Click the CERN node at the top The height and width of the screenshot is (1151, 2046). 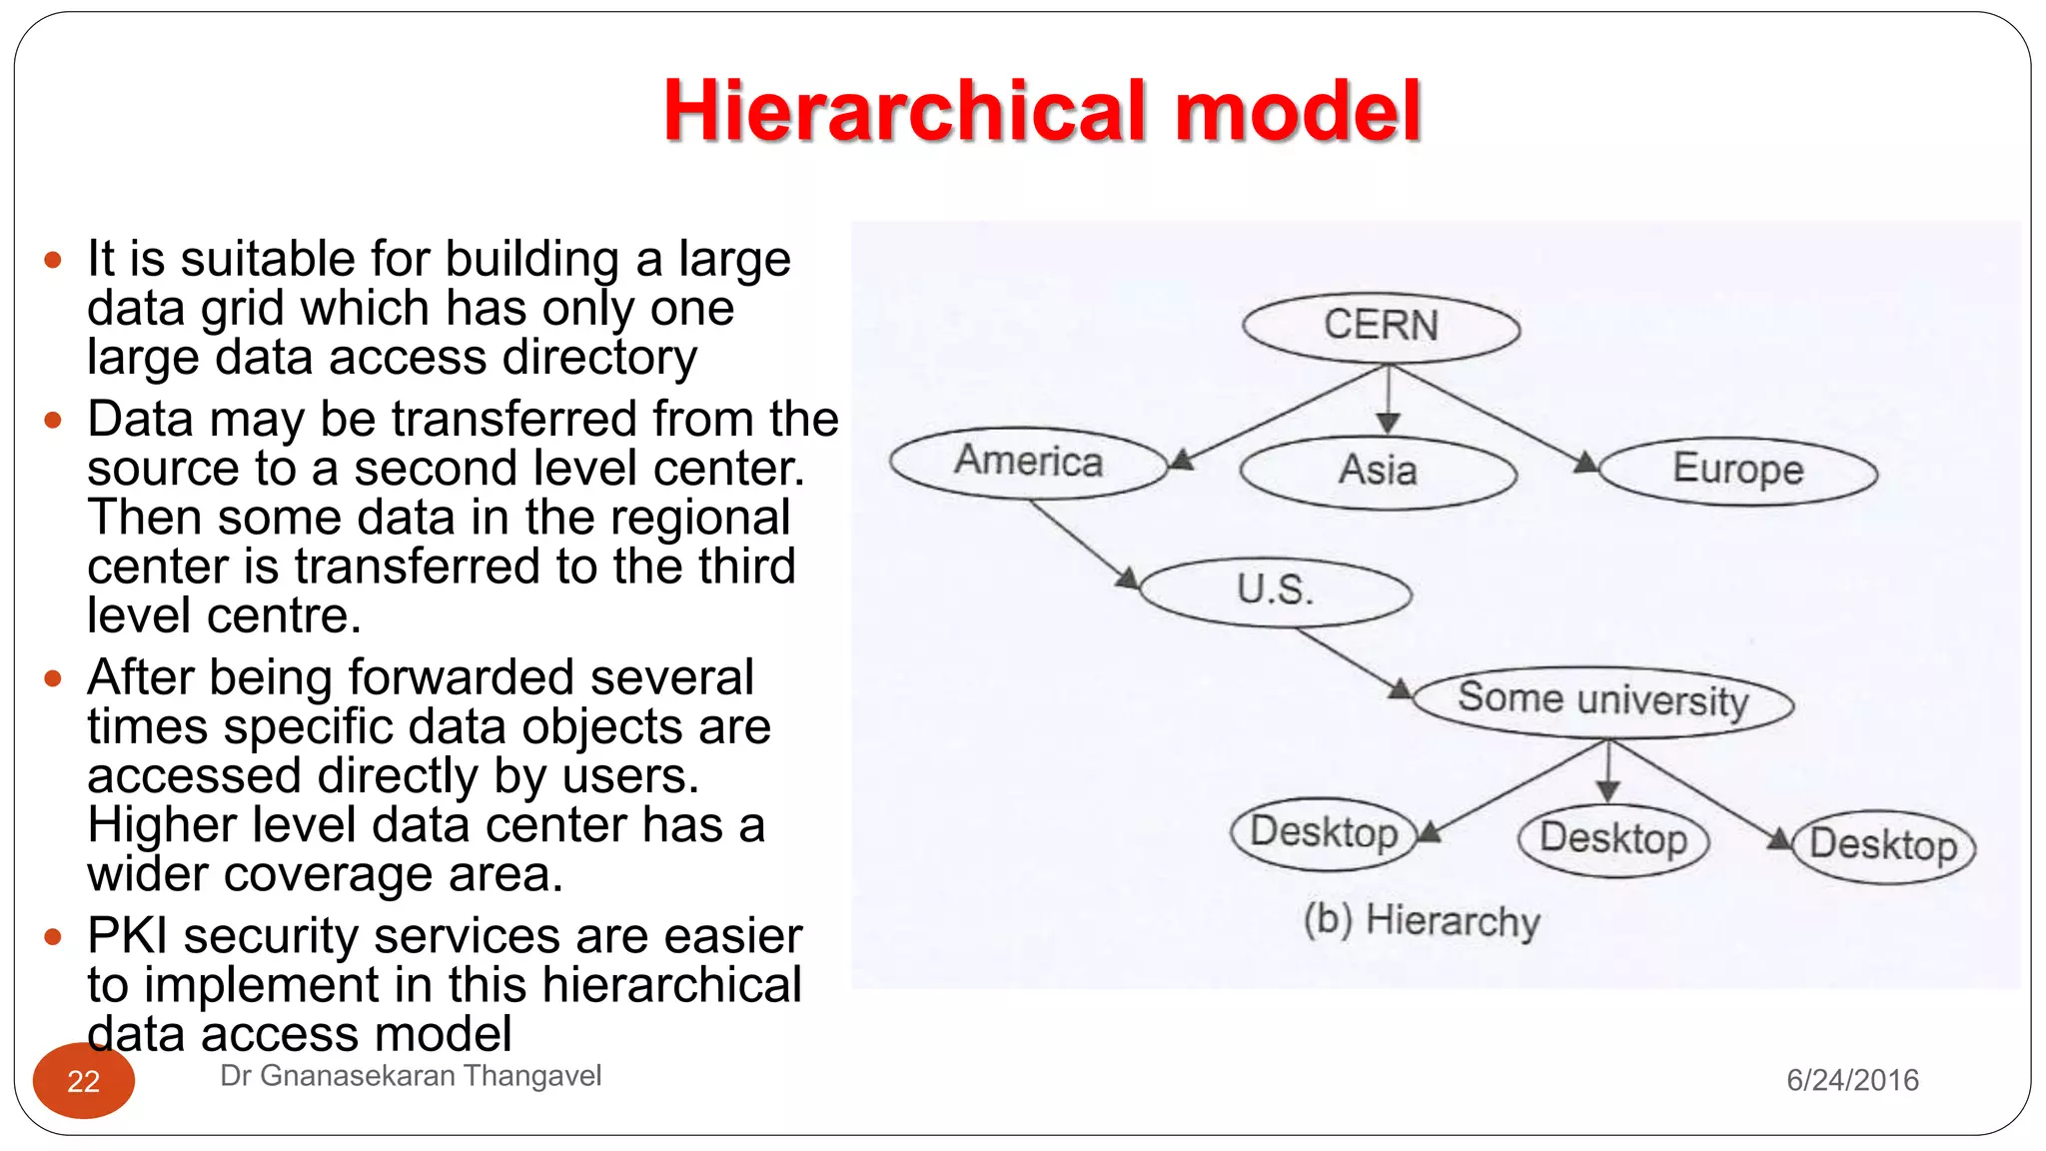click(x=1381, y=327)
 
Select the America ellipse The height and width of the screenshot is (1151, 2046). click(x=1029, y=463)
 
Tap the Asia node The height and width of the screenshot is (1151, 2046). click(x=1378, y=471)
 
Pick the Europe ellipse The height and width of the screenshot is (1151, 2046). click(x=1737, y=470)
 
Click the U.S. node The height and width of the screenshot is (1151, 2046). click(x=1275, y=590)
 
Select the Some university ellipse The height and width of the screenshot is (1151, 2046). click(x=1602, y=700)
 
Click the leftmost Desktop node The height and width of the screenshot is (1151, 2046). click(x=1324, y=832)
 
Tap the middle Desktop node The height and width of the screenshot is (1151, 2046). click(x=1612, y=839)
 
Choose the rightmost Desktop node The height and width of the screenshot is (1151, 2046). click(x=1883, y=846)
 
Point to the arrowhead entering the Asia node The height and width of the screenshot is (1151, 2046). click(x=1388, y=424)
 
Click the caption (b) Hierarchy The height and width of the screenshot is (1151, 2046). click(x=1422, y=920)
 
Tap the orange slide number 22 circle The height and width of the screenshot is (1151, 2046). click(x=84, y=1081)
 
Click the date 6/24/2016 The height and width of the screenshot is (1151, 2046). click(x=1852, y=1080)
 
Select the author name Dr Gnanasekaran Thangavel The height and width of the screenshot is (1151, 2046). click(x=410, y=1076)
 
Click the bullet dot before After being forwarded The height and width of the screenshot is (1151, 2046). click(x=53, y=679)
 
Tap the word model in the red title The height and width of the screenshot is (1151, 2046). click(x=1298, y=112)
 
